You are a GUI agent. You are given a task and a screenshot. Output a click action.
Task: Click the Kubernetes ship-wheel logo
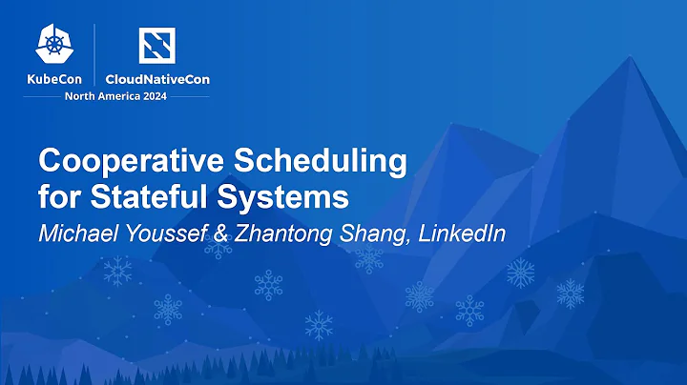[x=55, y=45]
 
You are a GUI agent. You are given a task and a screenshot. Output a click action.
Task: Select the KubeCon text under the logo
[x=55, y=79]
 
